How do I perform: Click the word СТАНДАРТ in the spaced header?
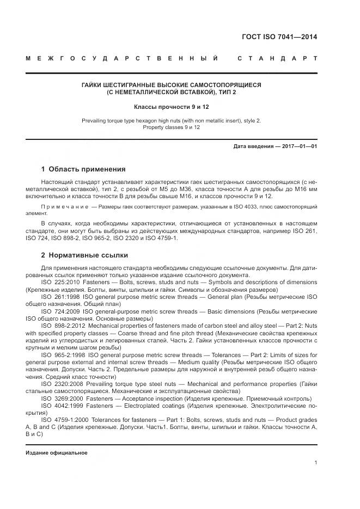[277, 58]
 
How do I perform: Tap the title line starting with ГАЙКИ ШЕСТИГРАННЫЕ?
[172, 85]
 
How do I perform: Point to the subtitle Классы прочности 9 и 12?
[172, 107]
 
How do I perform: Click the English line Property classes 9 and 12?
[172, 127]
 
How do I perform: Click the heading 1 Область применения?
[83, 169]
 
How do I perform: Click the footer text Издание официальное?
[56, 453]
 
